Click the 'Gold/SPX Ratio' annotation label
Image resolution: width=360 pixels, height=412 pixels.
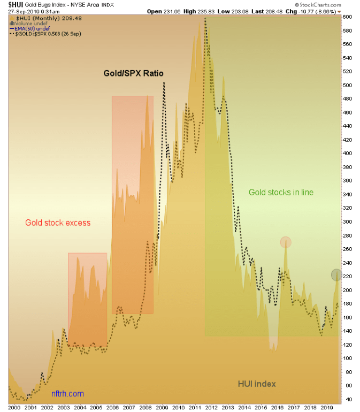coord(133,73)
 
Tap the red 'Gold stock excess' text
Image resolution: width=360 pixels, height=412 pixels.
coord(58,223)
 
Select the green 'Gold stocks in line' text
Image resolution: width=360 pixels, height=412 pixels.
coord(281,192)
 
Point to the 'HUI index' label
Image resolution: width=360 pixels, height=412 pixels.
coord(257,384)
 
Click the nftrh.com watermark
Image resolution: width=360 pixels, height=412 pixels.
coord(68,394)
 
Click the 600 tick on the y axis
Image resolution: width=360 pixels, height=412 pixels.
coord(347,17)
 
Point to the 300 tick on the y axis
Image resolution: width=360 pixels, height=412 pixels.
coord(347,222)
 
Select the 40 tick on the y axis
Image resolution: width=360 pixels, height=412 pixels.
coord(347,399)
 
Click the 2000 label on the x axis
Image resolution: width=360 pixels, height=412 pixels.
coord(14,407)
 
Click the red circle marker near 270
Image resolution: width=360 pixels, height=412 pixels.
coord(286,242)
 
